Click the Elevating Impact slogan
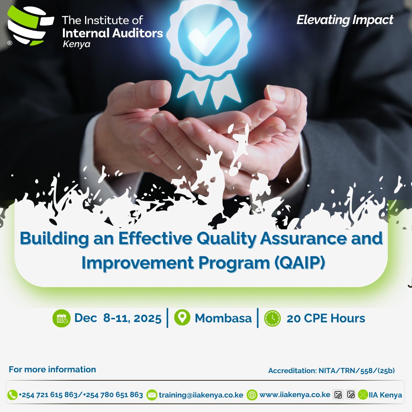(x=345, y=20)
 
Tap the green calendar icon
(x=61, y=319)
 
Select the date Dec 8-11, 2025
(x=118, y=318)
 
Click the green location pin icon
(x=182, y=318)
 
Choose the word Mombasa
(x=223, y=318)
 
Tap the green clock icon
(x=272, y=318)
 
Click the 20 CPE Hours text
(x=326, y=318)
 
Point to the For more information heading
(x=52, y=369)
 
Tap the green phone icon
(x=12, y=395)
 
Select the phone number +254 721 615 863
(x=48, y=395)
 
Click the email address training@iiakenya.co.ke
(x=201, y=395)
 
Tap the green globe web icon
(x=252, y=395)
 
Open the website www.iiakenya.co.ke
(x=295, y=395)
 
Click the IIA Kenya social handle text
(x=385, y=395)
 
